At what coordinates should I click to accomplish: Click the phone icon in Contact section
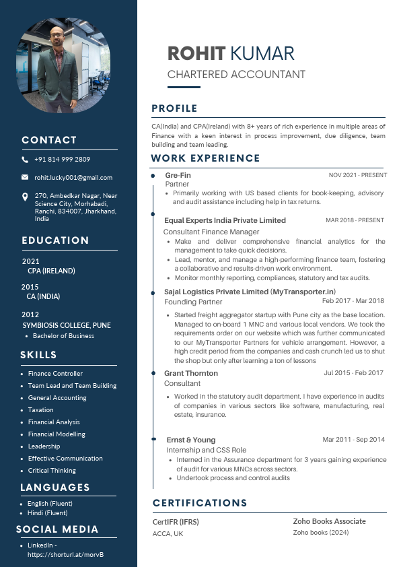click(x=25, y=160)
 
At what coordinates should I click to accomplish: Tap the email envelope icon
click(x=25, y=177)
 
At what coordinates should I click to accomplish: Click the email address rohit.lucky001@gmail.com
click(x=73, y=177)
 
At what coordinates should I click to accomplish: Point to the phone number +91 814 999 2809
click(x=62, y=160)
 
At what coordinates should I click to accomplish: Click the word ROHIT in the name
click(x=196, y=54)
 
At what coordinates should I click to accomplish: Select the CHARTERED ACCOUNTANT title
click(x=236, y=75)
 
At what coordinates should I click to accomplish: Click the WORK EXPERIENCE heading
click(x=205, y=158)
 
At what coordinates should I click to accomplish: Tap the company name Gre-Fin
click(x=178, y=175)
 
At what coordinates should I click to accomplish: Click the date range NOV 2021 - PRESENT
click(x=357, y=175)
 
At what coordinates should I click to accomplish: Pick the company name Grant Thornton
click(x=191, y=373)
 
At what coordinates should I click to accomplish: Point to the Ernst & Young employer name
click(x=191, y=440)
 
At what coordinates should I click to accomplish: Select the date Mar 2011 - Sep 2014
click(x=353, y=440)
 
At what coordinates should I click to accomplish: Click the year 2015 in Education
click(x=30, y=287)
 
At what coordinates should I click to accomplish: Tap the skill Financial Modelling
click(x=57, y=434)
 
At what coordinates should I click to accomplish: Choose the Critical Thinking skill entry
click(x=52, y=471)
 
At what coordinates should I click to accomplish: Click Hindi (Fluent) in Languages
click(x=47, y=513)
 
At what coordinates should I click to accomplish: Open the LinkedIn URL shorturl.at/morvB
click(x=65, y=555)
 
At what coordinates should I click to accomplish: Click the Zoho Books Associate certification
click(x=329, y=521)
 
